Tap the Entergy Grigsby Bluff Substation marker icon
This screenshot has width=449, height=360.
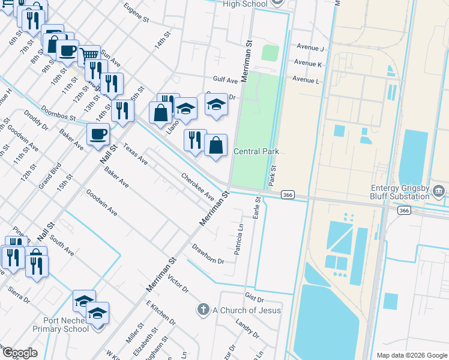click(x=439, y=191)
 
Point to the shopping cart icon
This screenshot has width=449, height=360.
click(x=89, y=55)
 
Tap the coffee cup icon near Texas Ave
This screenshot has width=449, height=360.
click(x=98, y=134)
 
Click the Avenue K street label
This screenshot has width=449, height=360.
click(x=308, y=64)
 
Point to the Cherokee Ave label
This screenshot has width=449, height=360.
click(x=198, y=187)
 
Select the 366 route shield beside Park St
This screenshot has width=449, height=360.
click(x=288, y=194)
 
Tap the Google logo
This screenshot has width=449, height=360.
click(x=19, y=353)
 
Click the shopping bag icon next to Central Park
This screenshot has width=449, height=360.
click(x=215, y=145)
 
